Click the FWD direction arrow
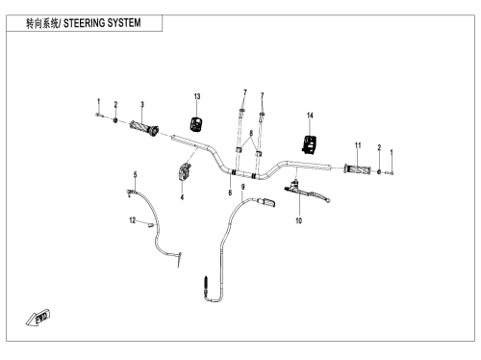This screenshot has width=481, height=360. click(x=38, y=318)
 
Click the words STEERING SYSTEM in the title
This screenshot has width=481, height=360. click(x=102, y=23)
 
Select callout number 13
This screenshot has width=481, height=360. click(x=197, y=96)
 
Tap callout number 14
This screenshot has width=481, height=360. click(x=310, y=116)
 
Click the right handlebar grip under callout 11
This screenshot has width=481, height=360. click(x=357, y=169)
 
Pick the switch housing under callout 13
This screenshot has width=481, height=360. click(x=196, y=124)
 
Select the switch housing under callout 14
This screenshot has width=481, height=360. click(x=309, y=144)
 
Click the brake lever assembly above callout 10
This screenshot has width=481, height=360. click(x=307, y=192)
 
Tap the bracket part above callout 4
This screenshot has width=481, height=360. click(x=184, y=172)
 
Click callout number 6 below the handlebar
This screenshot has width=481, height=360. click(x=230, y=193)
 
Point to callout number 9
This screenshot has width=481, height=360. click(x=243, y=187)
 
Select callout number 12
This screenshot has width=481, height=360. click(x=133, y=220)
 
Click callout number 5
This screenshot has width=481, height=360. click(x=135, y=174)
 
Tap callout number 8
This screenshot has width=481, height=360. click(x=251, y=133)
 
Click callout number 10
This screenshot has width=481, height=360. click(x=298, y=220)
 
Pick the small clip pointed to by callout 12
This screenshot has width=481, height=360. click(x=149, y=225)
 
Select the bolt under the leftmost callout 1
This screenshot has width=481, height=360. click(x=98, y=115)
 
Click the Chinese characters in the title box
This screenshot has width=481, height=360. click(x=42, y=23)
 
